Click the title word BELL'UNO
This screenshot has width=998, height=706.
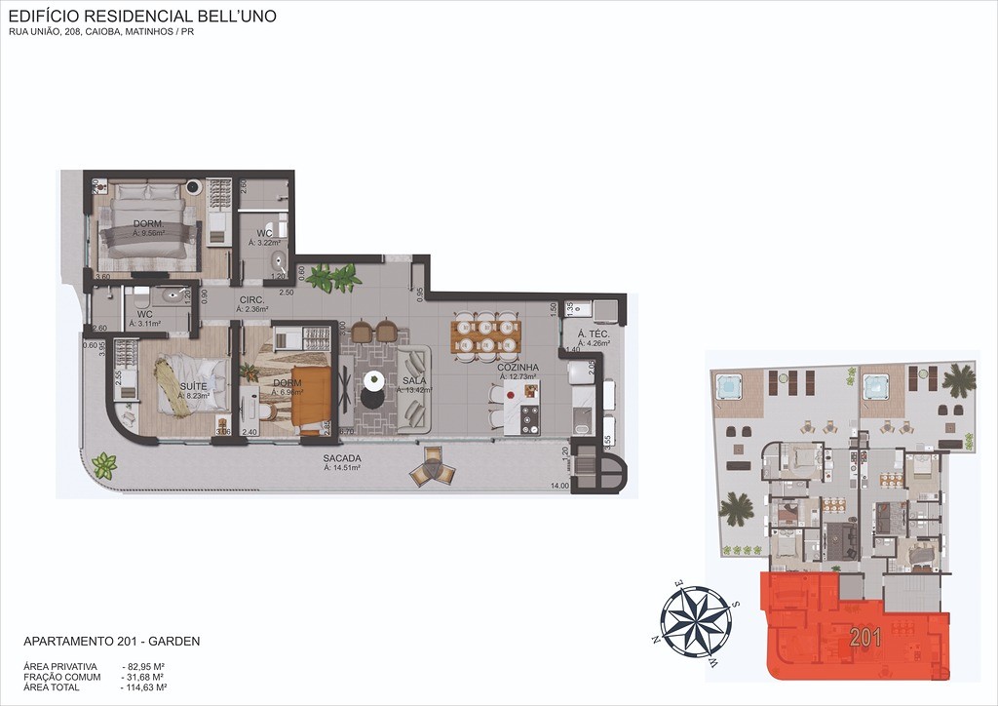(x=233, y=16)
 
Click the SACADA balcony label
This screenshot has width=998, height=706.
(x=342, y=458)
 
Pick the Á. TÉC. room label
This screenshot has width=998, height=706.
(x=594, y=333)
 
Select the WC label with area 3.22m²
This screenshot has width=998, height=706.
(x=264, y=233)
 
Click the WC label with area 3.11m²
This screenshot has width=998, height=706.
(x=144, y=313)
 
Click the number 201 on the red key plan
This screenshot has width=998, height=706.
(x=865, y=639)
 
